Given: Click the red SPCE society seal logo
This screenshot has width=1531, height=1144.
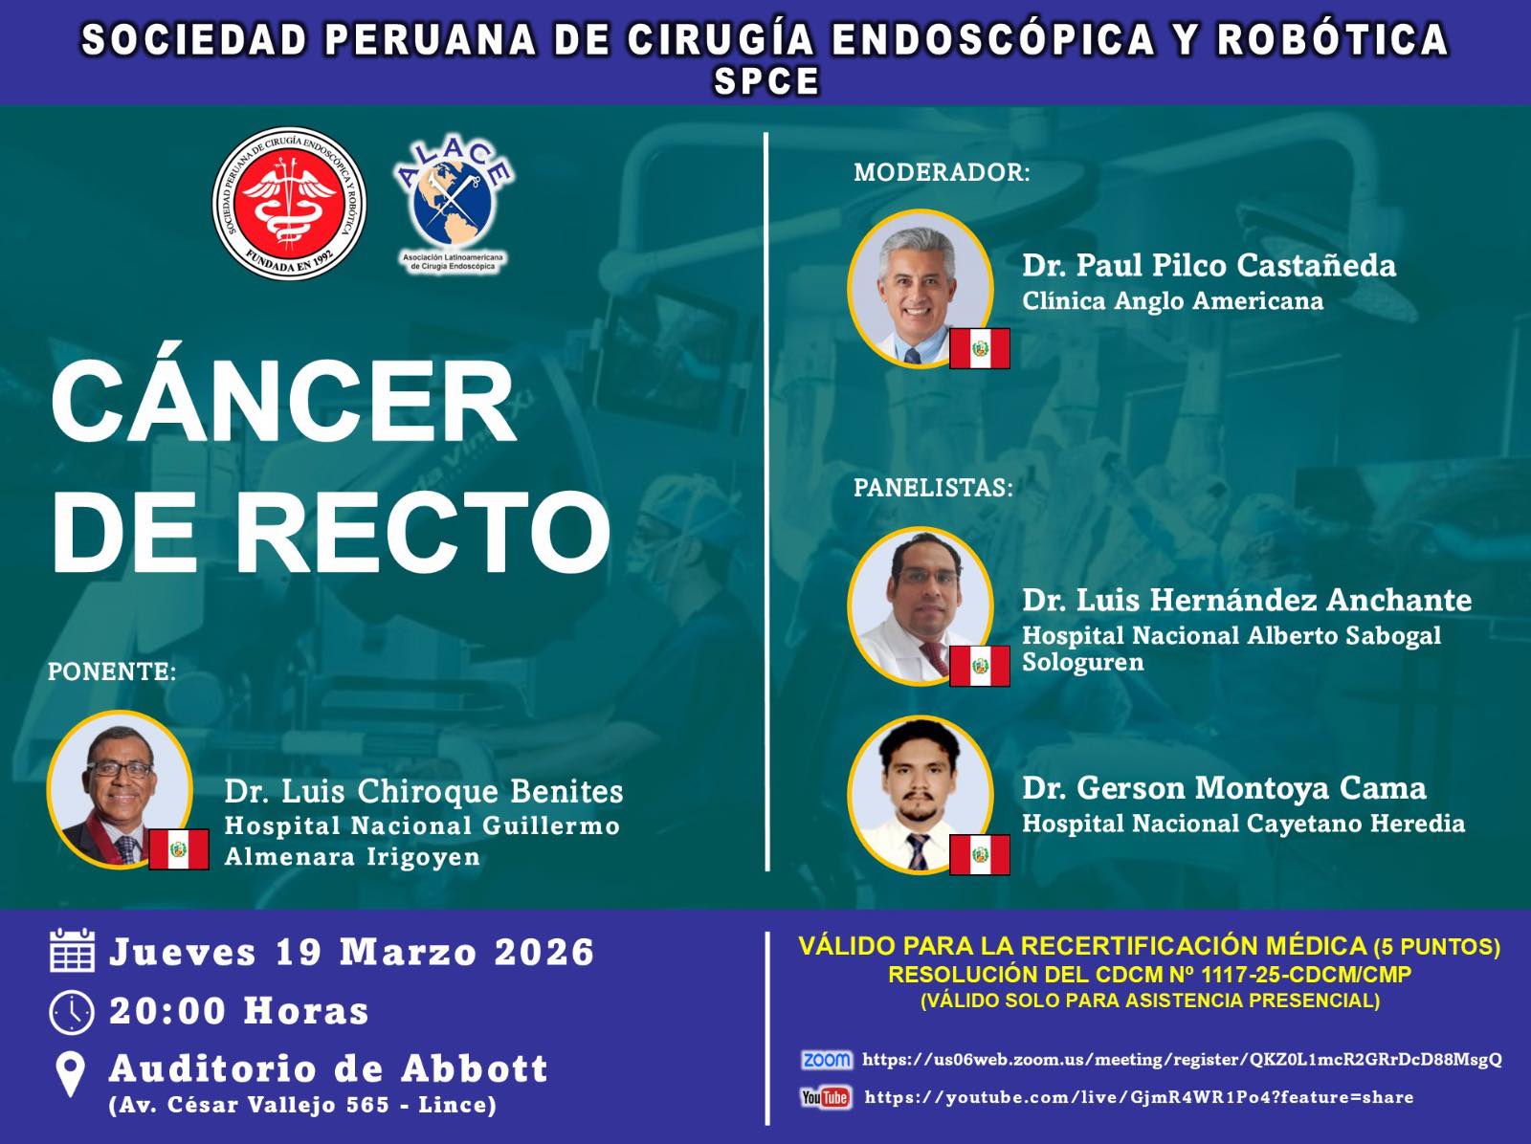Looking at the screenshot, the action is (x=290, y=204).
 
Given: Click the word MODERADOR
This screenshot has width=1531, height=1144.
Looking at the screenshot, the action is (x=942, y=172).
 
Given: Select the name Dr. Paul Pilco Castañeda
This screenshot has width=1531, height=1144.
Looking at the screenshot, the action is (x=1209, y=265).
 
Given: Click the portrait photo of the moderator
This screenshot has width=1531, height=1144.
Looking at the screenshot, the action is (x=920, y=288).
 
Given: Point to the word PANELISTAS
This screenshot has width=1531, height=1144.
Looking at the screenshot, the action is (x=933, y=487).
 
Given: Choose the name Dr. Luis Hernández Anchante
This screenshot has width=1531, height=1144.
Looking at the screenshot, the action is (x=1247, y=600).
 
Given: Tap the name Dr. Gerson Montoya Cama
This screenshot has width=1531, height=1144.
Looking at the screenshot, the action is (x=1224, y=788).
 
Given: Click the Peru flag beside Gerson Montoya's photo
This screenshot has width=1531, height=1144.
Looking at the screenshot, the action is (x=979, y=854).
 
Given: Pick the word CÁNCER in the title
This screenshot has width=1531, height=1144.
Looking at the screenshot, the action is (x=284, y=403).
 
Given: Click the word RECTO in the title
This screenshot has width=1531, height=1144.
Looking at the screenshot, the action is (x=422, y=532).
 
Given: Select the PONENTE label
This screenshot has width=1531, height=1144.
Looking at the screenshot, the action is (x=112, y=671).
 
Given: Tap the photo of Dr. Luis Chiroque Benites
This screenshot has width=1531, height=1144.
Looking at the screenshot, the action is (x=120, y=789).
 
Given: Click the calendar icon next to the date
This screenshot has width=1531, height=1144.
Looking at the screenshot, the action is (x=72, y=950).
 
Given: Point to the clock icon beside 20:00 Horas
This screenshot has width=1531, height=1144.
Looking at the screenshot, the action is (x=71, y=1012).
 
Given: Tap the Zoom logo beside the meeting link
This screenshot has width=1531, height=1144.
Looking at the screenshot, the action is (x=827, y=1060).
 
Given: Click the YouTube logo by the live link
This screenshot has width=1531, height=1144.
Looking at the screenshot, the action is (x=826, y=1097).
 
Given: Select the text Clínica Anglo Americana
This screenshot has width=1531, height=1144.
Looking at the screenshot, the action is (x=1172, y=301).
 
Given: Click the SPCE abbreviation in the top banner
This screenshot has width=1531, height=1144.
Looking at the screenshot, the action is (x=765, y=81).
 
